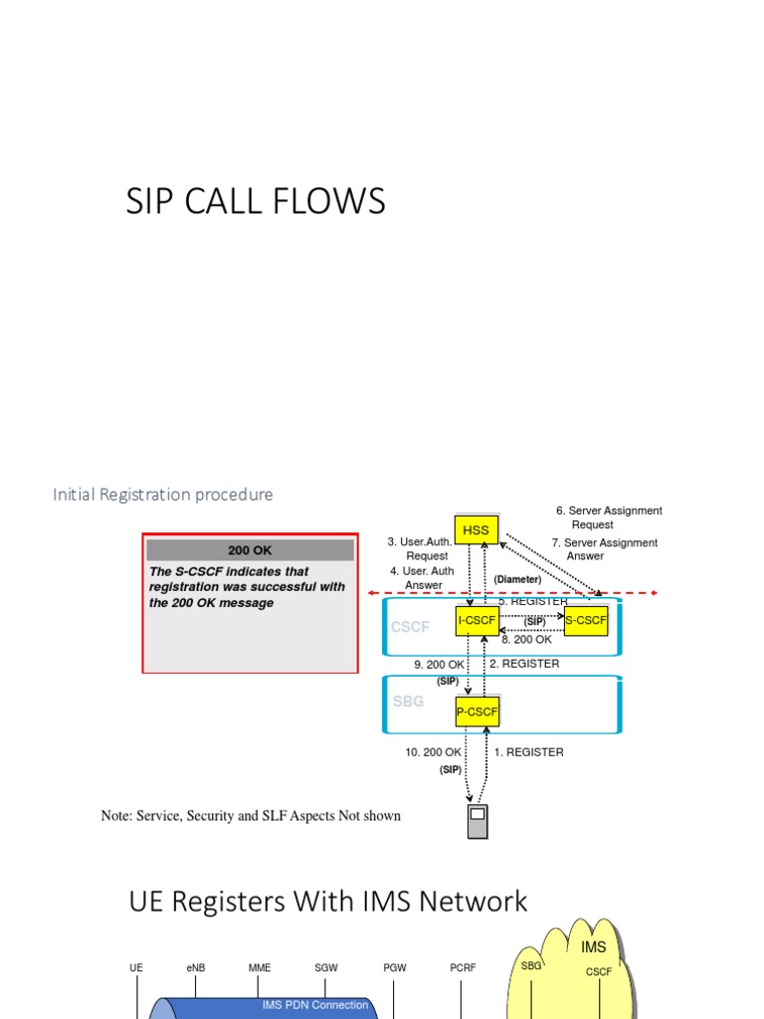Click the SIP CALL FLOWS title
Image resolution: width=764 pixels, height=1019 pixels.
[256, 202]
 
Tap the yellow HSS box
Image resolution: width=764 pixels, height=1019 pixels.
[477, 530]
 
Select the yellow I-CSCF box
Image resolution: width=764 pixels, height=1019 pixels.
[477, 621]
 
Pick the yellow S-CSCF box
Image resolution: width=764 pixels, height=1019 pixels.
[585, 621]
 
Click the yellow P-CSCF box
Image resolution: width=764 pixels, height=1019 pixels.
[477, 712]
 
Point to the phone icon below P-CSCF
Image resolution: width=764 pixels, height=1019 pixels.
[477, 821]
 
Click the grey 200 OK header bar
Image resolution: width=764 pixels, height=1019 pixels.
[250, 550]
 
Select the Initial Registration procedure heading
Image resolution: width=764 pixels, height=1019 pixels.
[162, 495]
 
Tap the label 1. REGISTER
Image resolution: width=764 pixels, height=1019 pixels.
[528, 752]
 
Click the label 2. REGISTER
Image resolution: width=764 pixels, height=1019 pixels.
[524, 664]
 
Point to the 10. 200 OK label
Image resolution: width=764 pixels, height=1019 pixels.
[433, 752]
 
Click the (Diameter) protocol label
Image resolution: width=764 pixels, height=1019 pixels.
[517, 579]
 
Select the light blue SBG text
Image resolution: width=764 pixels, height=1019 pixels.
[408, 701]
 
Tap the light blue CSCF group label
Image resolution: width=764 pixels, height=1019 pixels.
[410, 627]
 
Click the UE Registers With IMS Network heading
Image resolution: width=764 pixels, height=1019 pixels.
[328, 902]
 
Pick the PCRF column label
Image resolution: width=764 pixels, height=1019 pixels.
[461, 967]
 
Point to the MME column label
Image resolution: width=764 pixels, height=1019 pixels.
[260, 967]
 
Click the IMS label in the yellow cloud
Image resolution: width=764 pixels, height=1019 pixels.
[593, 947]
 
